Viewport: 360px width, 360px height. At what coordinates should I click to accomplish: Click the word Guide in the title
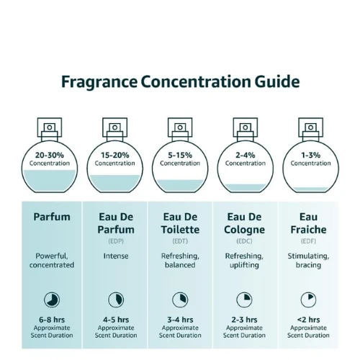click(277, 81)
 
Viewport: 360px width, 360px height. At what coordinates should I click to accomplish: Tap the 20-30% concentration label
click(50, 156)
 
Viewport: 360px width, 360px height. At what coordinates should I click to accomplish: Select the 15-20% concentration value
click(115, 156)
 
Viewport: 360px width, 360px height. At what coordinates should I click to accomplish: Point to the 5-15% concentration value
click(180, 156)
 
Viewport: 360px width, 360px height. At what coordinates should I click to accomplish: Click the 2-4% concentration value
click(246, 156)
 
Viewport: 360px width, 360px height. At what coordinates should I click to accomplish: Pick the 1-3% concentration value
click(311, 156)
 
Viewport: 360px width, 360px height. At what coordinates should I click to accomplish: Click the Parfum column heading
click(52, 217)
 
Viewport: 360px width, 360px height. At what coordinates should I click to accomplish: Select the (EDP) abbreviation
click(116, 241)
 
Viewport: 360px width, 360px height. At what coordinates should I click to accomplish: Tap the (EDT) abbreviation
click(180, 241)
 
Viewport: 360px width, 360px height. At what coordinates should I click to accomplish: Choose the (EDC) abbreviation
click(244, 241)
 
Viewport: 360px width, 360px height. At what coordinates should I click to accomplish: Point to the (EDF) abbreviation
click(308, 241)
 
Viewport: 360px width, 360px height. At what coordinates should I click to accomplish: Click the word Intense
click(116, 256)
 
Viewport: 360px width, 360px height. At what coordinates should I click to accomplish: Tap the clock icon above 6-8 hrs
click(52, 300)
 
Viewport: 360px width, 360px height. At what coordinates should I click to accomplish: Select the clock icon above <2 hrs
click(308, 300)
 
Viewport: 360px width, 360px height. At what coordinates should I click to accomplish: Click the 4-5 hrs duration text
click(116, 320)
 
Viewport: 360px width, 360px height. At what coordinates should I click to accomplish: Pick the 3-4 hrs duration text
click(180, 320)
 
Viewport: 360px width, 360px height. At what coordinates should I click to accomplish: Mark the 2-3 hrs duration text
click(244, 320)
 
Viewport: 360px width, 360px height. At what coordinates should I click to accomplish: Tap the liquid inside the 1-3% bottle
click(311, 189)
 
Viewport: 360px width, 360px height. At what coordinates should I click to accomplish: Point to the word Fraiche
click(308, 230)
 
